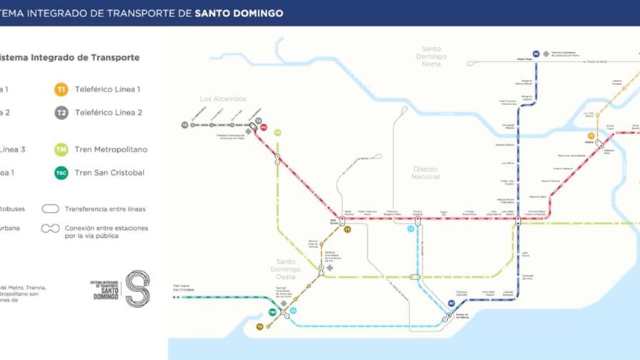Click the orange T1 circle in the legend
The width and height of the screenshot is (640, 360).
point(61,90)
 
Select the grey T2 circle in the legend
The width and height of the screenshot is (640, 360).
point(61,113)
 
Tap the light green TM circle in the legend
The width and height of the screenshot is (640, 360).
point(61,150)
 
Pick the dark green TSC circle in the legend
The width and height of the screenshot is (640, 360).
point(61,173)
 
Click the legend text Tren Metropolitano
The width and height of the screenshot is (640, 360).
point(111,150)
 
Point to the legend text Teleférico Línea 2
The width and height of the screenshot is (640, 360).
point(109,113)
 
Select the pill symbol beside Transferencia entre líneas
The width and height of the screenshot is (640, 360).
point(51,209)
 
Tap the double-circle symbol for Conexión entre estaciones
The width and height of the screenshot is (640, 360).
point(51,229)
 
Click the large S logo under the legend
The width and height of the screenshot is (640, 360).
point(137,289)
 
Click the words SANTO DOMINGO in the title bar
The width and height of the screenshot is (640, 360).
point(239,13)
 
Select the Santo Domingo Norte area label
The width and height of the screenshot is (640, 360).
point(431,56)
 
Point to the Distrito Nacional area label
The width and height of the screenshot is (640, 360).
point(426,173)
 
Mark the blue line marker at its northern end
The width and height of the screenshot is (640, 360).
point(536,54)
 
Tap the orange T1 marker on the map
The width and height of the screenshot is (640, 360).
point(591,136)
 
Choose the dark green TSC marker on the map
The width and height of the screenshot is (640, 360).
point(272,312)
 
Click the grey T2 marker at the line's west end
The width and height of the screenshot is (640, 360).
point(184,125)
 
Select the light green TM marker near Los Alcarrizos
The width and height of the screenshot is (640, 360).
point(277,133)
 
